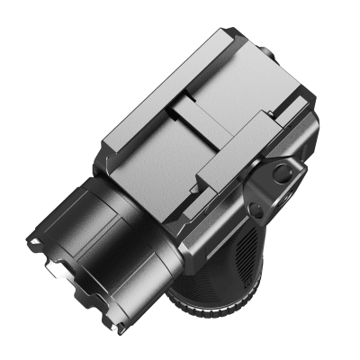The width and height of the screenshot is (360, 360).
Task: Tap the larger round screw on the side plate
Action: pos(281,177)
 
